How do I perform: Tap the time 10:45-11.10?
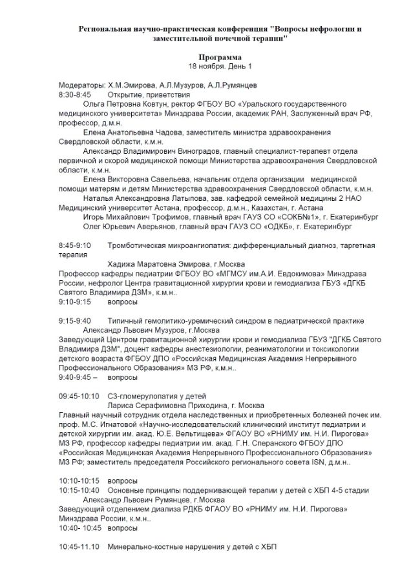click(79, 547)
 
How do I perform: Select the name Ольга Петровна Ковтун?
click(127, 103)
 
